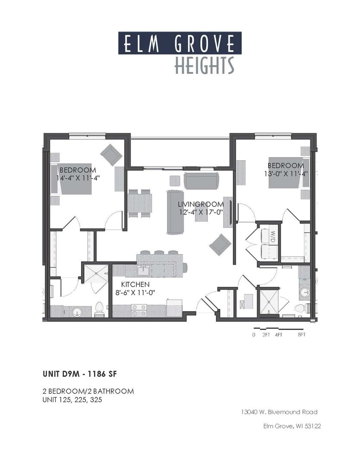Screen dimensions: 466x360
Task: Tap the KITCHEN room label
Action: coord(135,285)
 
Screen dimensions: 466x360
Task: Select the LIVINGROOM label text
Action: coord(201,204)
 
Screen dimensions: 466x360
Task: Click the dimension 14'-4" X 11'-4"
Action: coord(78,178)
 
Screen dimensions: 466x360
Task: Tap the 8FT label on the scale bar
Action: coord(301,334)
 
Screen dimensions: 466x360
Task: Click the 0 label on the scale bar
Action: coord(254,334)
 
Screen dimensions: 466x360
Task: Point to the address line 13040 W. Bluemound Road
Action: coord(279,412)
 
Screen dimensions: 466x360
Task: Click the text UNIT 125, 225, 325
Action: coord(72,400)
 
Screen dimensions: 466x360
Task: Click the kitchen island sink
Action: coord(143,271)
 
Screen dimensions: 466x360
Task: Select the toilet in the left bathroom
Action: coord(99,309)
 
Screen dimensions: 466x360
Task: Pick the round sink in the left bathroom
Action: coord(78,311)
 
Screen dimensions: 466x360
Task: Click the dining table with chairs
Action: coord(140,203)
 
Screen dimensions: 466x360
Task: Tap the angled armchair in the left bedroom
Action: coord(112,154)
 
